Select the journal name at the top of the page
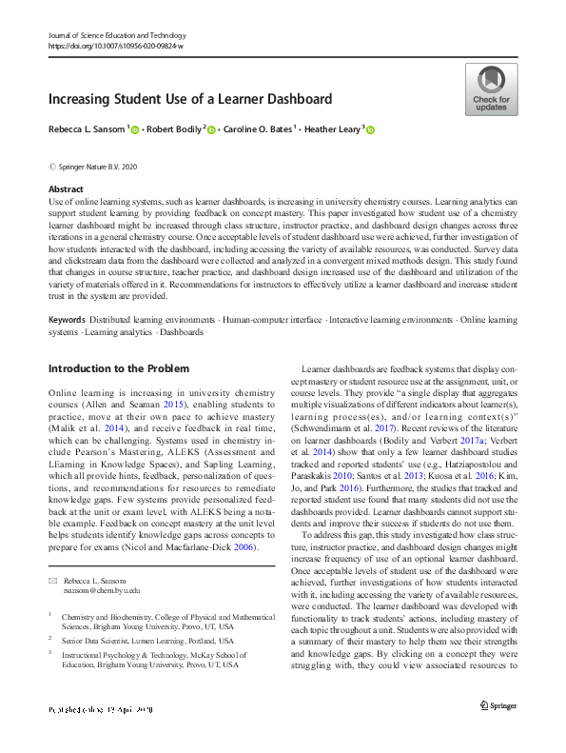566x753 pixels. click(x=117, y=34)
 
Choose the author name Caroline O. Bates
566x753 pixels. click(x=257, y=129)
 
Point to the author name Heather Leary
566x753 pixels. click(x=335, y=129)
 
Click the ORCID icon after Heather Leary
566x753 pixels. click(x=370, y=130)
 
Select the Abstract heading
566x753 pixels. click(x=66, y=190)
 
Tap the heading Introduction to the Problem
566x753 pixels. click(x=118, y=368)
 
